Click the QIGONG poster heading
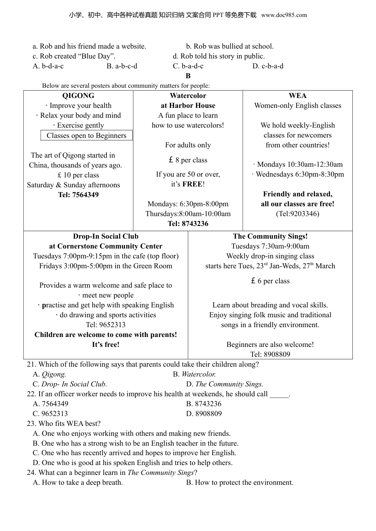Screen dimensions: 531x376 (x=78, y=96)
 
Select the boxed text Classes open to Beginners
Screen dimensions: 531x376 (x=86, y=136)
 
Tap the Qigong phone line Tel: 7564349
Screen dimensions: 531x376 (x=78, y=195)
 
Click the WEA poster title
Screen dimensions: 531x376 (x=298, y=96)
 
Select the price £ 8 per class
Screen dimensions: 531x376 (x=188, y=160)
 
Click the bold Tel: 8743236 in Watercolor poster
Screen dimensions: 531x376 (x=188, y=224)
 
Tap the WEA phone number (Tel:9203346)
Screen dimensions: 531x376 (x=298, y=214)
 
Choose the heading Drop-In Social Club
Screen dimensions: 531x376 (x=106, y=236)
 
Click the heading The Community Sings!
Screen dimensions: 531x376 (x=270, y=236)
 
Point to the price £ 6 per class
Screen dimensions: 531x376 (x=270, y=281)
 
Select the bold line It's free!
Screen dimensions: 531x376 (x=106, y=345)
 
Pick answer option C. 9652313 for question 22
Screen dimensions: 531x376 (x=50, y=414)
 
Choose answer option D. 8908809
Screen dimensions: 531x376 (x=204, y=414)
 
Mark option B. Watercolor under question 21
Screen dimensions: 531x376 (x=194, y=374)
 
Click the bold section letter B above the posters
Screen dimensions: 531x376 (x=188, y=76)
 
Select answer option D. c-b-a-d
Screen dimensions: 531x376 (x=268, y=66)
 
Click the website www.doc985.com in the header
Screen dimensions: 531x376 (x=284, y=15)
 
